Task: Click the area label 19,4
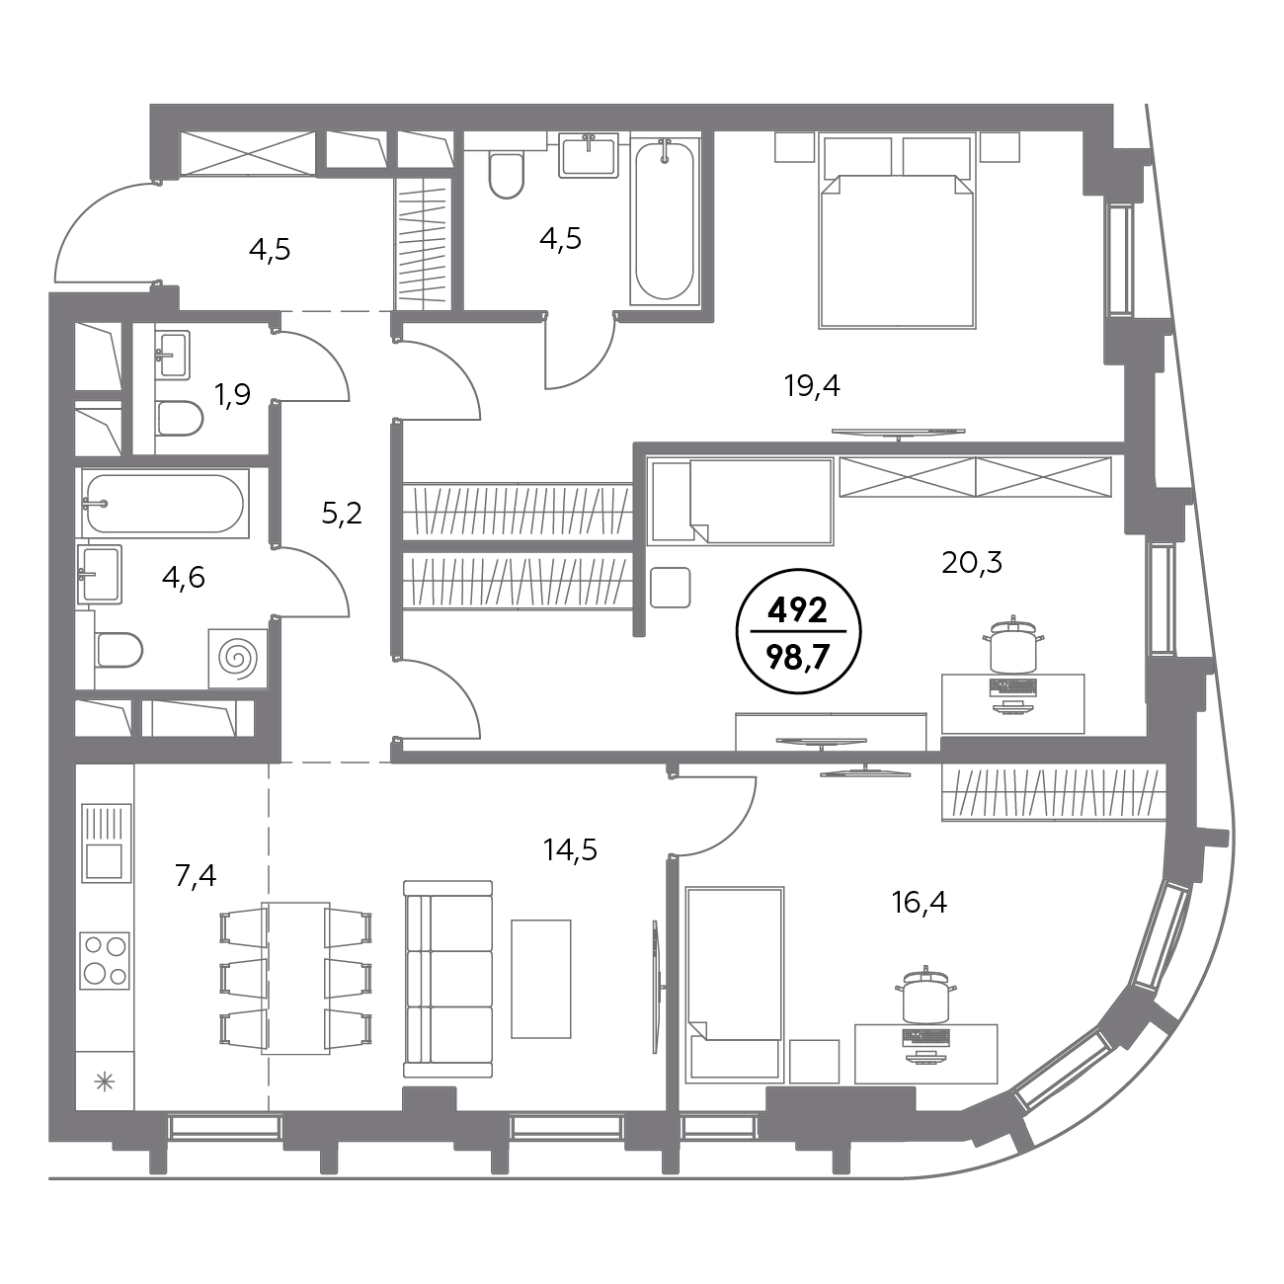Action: click(812, 386)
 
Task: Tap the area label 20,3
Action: click(972, 563)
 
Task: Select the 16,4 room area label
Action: click(920, 903)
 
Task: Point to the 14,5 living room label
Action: click(570, 849)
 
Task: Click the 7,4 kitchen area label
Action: click(196, 875)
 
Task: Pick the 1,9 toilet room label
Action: click(232, 395)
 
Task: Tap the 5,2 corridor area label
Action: click(342, 514)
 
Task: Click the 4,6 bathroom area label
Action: click(184, 577)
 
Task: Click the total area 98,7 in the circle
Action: click(798, 659)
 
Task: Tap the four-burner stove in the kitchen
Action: click(105, 960)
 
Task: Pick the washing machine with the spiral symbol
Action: click(238, 658)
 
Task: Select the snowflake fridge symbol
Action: click(106, 1082)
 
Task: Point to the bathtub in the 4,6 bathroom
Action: click(165, 504)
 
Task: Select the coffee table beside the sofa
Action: click(541, 979)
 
